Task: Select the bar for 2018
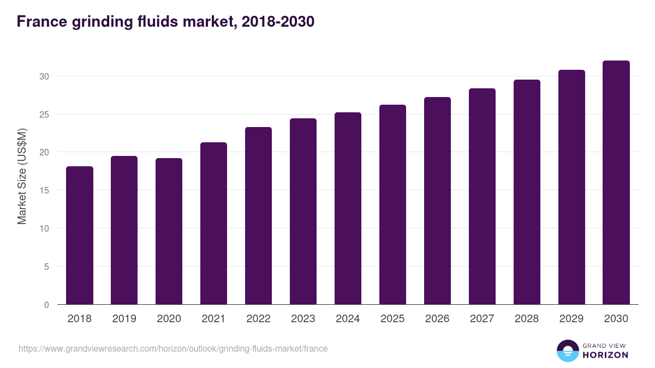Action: tap(80, 236)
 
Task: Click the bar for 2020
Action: tap(169, 231)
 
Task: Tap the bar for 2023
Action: tap(303, 212)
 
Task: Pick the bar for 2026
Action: tap(437, 201)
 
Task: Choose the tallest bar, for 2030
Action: tap(616, 183)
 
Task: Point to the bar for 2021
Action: tap(213, 224)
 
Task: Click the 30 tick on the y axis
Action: tap(44, 76)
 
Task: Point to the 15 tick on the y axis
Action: tap(44, 191)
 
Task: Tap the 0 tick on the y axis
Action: tap(46, 305)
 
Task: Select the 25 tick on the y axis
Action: tap(44, 114)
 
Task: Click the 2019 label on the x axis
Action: tap(124, 319)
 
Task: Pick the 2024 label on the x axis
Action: tap(348, 319)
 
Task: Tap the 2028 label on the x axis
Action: tap(527, 319)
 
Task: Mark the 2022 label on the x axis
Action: tap(258, 319)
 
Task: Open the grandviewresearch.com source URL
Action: tap(173, 348)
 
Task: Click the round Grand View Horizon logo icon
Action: tap(568, 351)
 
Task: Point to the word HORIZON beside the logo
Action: tap(605, 355)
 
